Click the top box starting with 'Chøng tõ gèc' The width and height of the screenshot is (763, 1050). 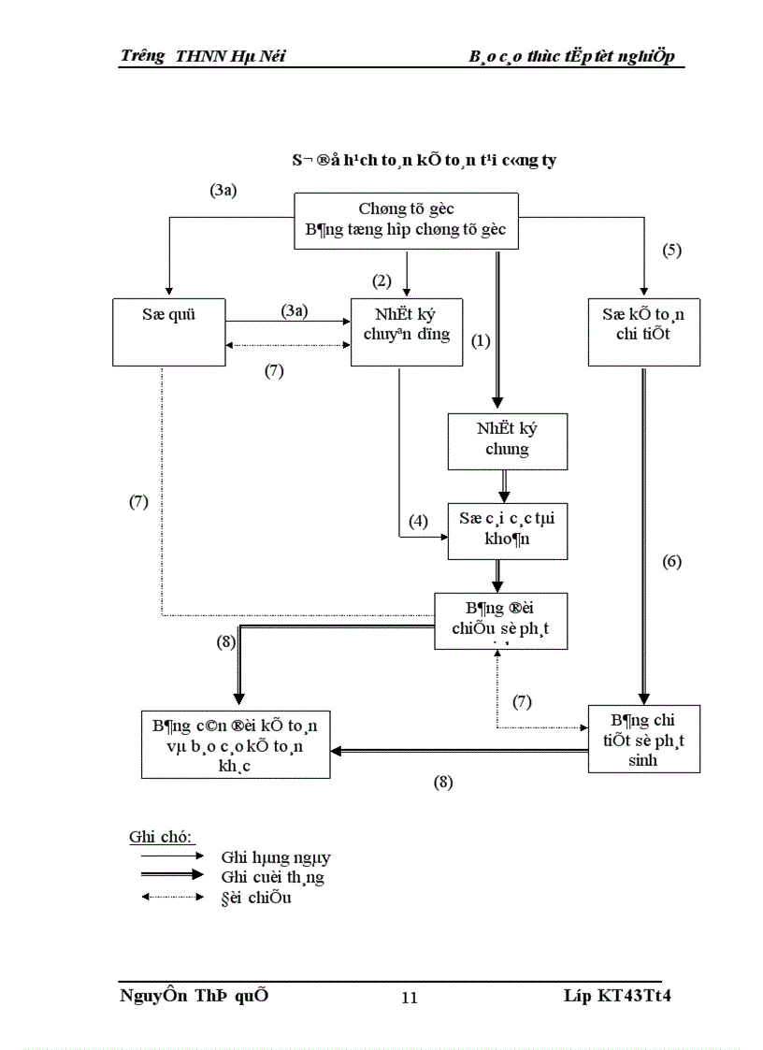[406, 221]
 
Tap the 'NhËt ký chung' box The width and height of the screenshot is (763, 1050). [507, 439]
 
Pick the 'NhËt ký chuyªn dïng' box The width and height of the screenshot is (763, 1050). [406, 332]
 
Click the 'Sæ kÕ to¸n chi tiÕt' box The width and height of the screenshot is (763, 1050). [644, 332]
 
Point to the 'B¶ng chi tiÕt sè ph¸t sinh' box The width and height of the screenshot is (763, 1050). [644, 739]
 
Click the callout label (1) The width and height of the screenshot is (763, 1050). [481, 341]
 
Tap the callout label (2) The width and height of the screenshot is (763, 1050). [381, 280]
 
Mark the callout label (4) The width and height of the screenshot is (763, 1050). [418, 521]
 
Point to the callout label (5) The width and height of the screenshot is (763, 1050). [672, 250]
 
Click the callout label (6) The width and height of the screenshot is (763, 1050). [672, 562]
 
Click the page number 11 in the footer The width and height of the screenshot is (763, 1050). [409, 998]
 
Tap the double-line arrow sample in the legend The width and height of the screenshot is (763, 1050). [166, 875]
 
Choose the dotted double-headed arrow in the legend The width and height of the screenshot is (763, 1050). [166, 898]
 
